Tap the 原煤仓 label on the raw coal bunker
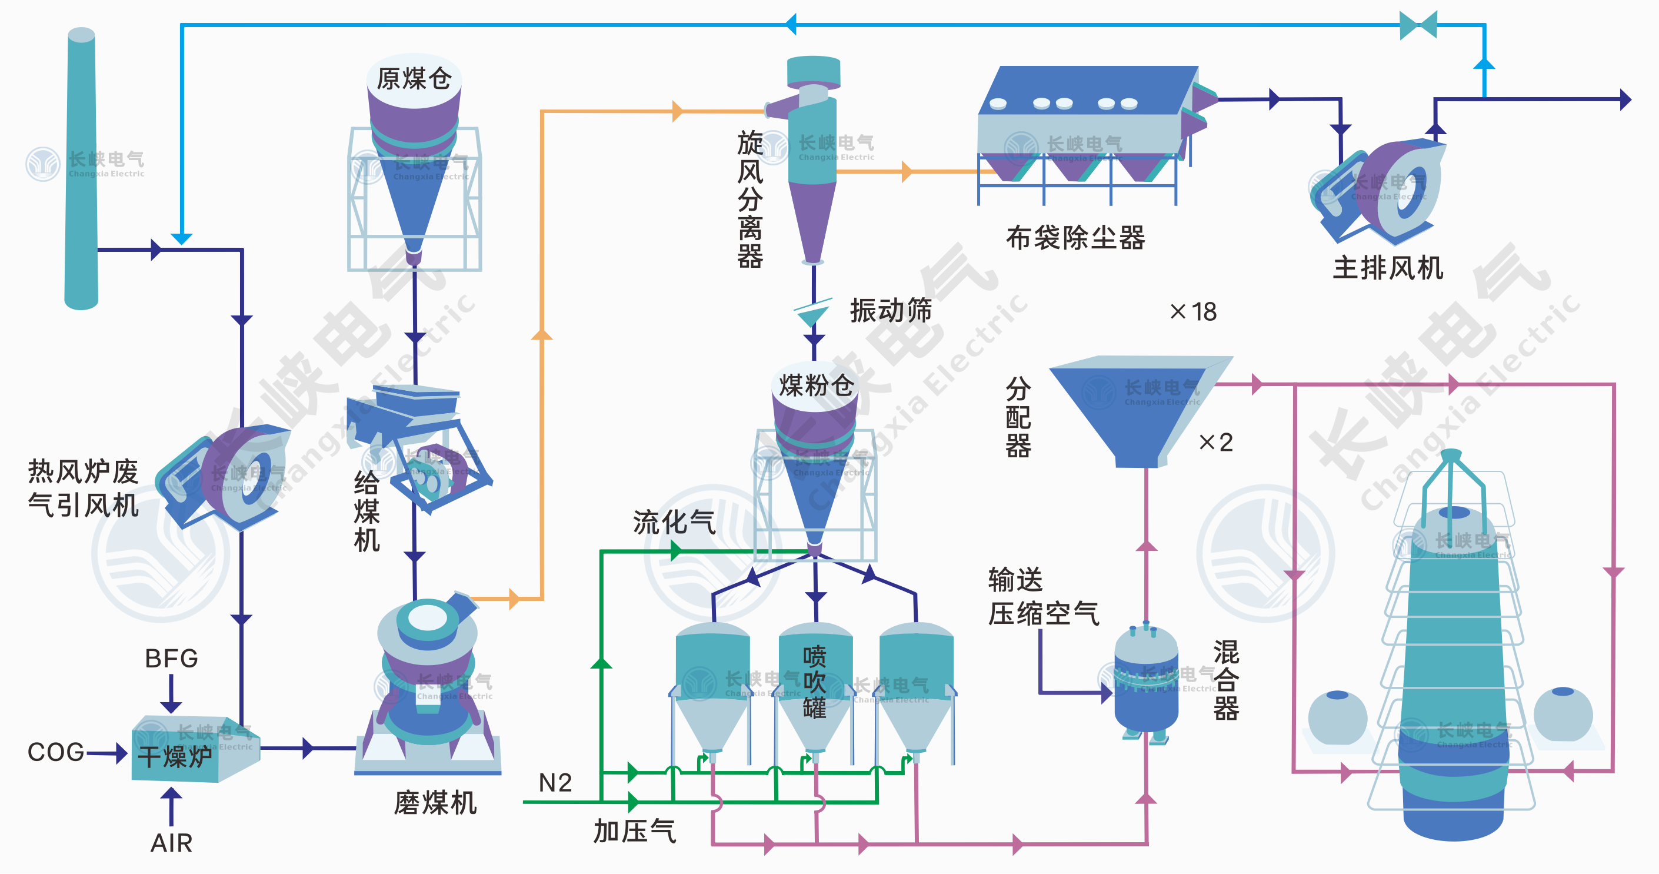(414, 79)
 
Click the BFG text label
(171, 658)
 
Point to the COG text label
(56, 752)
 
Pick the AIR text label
(171, 842)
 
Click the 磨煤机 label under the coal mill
(435, 803)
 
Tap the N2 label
(555, 783)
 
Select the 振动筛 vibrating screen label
(891, 310)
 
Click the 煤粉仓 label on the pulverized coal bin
(816, 386)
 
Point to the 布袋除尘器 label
(1075, 238)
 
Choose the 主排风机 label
(1388, 267)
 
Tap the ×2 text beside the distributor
(1215, 442)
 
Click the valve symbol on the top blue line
(1418, 25)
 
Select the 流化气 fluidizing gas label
(674, 521)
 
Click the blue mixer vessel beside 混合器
(1147, 683)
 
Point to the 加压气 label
(634, 831)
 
